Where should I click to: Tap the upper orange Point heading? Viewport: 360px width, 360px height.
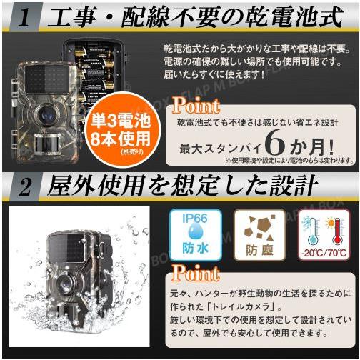[196, 106]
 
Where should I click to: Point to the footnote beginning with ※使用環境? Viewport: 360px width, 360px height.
[286, 161]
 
